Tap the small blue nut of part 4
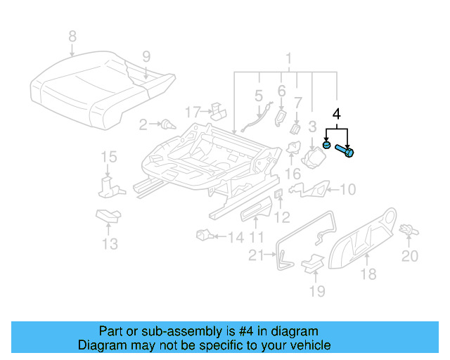pos(327,145)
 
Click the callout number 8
pos(71,36)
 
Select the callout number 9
pos(146,57)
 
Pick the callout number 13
pos(109,245)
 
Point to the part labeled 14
pos(205,235)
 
